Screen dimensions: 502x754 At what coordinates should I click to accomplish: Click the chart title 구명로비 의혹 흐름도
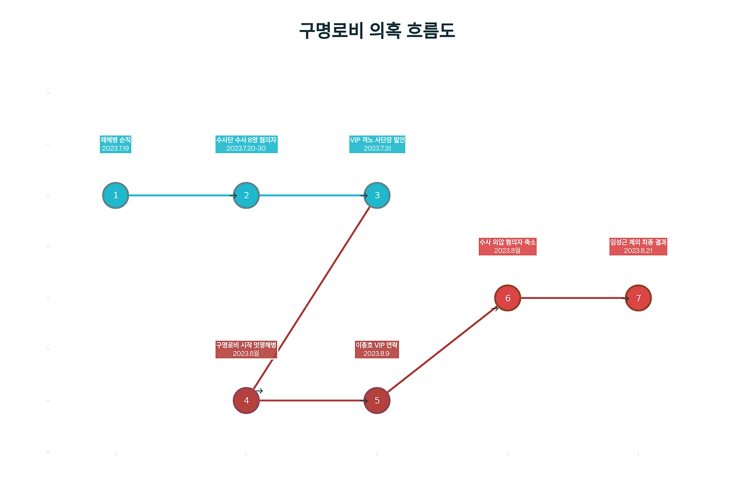[377, 31]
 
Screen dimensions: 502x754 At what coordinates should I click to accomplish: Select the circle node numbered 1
[115, 195]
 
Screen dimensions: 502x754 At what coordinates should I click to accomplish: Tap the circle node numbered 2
[246, 195]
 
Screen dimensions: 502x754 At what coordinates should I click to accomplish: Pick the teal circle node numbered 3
[377, 195]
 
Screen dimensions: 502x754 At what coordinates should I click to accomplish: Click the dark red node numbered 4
[246, 401]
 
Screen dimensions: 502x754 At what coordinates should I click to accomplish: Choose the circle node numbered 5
[377, 401]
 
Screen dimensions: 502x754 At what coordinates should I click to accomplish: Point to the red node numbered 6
[508, 298]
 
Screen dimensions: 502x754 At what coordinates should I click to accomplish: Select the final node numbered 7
[639, 298]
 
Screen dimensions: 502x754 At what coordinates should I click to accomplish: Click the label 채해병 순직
[115, 140]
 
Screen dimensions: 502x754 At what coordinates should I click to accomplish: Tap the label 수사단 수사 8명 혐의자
[246, 140]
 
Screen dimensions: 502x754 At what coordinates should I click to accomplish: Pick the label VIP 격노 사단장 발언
[377, 140]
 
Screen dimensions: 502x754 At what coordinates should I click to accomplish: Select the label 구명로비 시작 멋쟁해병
[246, 345]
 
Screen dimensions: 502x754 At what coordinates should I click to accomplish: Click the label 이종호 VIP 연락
[377, 345]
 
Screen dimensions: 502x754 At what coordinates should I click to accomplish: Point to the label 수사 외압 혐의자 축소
[508, 242]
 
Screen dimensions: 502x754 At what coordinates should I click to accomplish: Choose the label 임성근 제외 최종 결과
[639, 242]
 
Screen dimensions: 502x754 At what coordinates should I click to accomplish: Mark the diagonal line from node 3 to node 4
[312, 298]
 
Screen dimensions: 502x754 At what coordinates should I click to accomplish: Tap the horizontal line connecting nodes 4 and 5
[312, 401]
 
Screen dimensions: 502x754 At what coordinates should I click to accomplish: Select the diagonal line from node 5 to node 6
[442, 349]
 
